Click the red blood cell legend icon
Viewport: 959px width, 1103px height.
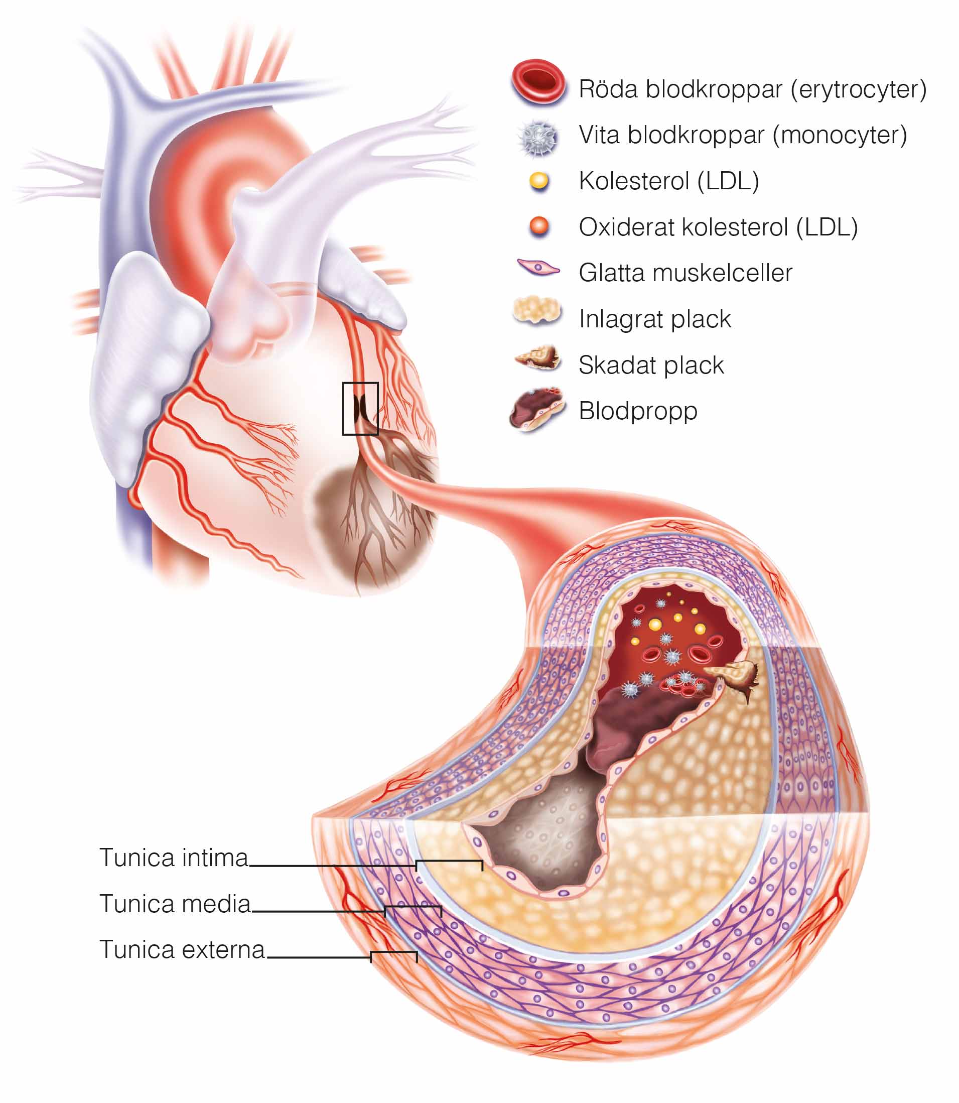tap(538, 81)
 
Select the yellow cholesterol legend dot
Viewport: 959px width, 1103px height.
tap(539, 181)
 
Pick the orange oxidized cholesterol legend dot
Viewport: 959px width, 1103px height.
tap(539, 226)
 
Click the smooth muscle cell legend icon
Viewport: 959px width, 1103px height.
tap(538, 267)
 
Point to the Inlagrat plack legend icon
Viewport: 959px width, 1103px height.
tap(537, 312)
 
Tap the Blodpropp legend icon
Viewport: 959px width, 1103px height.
tap(537, 409)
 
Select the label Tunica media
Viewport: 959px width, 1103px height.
tap(175, 904)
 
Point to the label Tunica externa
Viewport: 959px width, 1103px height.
tap(182, 949)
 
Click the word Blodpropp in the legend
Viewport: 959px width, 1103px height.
tap(638, 411)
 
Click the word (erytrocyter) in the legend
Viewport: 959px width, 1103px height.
tap(862, 89)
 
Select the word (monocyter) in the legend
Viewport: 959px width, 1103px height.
tap(840, 136)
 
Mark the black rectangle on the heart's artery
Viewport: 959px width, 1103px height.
tap(360, 408)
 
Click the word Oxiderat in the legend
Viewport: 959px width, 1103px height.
tap(629, 227)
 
